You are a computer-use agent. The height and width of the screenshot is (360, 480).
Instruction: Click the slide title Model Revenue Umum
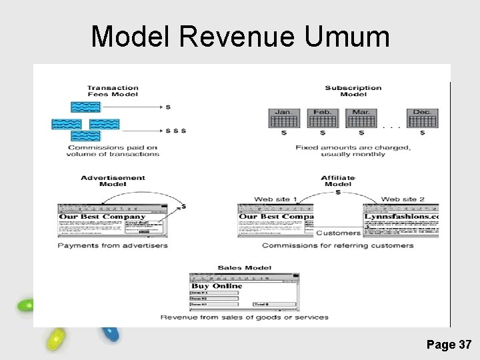[240, 37]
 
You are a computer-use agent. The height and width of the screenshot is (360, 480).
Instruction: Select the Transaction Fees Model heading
[113, 91]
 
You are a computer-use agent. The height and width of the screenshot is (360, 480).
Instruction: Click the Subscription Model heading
[353, 91]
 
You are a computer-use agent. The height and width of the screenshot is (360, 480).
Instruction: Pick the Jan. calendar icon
[283, 118]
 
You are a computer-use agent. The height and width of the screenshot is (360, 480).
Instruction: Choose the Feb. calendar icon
[322, 118]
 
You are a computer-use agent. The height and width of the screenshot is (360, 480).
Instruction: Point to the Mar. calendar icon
[361, 118]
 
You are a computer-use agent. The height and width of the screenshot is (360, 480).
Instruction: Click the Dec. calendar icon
[422, 118]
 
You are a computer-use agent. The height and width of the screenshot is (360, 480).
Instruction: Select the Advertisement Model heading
[113, 181]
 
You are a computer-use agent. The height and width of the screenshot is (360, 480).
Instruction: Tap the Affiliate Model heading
[338, 181]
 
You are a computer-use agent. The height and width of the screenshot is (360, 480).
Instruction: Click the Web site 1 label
[275, 199]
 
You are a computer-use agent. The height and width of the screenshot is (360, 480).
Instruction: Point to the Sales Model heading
[244, 268]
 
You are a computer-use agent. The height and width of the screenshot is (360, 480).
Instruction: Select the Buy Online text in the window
[217, 286]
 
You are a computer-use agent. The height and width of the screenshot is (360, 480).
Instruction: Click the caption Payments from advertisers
[113, 245]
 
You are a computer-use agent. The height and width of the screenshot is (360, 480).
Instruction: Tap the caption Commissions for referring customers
[337, 245]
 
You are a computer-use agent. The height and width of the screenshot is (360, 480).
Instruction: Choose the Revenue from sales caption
[244, 317]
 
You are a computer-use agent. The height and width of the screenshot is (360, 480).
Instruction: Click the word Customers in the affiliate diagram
[338, 233]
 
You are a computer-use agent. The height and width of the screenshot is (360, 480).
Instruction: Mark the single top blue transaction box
[86, 107]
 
